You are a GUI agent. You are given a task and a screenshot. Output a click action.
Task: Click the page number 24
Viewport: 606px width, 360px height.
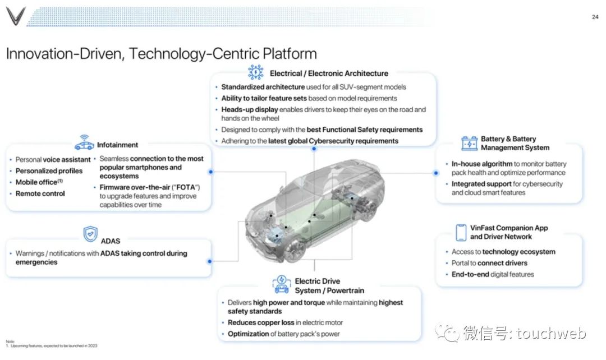tap(595, 17)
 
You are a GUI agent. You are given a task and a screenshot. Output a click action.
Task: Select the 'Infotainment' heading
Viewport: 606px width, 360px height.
tap(117, 145)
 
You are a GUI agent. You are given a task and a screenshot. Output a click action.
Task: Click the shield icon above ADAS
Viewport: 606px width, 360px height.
tap(90, 233)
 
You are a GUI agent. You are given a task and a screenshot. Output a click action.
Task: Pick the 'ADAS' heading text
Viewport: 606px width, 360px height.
tap(111, 241)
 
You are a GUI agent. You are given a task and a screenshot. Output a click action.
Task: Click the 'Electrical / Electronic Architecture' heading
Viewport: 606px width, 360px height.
tap(329, 73)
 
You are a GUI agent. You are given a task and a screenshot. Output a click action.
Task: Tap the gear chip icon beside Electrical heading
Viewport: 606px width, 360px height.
tap(256, 72)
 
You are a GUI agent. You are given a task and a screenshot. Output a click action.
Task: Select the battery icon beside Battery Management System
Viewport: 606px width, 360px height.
tap(469, 143)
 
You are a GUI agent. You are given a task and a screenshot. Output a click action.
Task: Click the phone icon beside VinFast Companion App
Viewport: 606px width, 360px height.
tap(461, 232)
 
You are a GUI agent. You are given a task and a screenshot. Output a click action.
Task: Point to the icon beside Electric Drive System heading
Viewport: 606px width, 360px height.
tap(281, 285)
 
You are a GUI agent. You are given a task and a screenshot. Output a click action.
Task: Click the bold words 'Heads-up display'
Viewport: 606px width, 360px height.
tap(249, 109)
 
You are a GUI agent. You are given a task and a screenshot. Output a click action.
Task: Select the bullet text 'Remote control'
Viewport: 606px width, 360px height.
tap(40, 193)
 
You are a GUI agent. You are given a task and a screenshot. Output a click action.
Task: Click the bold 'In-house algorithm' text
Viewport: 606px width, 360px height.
tap(482, 164)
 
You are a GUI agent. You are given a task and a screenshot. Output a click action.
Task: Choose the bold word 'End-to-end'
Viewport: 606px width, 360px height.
tap(470, 274)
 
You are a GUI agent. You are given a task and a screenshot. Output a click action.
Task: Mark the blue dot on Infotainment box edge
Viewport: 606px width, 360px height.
tap(210, 172)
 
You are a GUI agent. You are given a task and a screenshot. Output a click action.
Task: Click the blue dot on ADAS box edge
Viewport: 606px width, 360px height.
tap(210, 261)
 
